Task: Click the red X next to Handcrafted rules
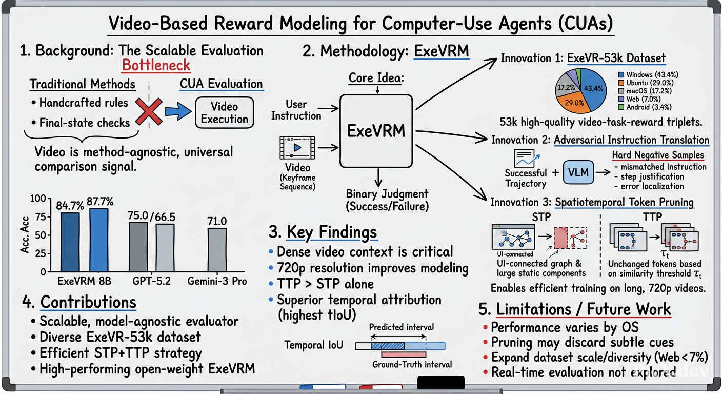tap(149, 111)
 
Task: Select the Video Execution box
tap(224, 112)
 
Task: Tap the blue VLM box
tap(578, 172)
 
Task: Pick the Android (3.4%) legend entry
tap(645, 107)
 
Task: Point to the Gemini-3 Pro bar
tap(217, 250)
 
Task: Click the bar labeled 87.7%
tap(99, 240)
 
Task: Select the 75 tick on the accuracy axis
tap(41, 216)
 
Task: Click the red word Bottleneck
tap(156, 66)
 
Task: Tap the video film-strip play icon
tap(297, 148)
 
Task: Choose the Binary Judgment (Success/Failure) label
tap(387, 200)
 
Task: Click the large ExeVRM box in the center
tap(376, 131)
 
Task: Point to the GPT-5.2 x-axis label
tap(151, 281)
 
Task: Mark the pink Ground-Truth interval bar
tap(404, 354)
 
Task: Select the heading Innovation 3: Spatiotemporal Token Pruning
tap(592, 202)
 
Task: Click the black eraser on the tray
tap(441, 382)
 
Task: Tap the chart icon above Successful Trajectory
tap(526, 158)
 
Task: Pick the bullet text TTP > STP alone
tap(326, 284)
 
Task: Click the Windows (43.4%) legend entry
tap(648, 75)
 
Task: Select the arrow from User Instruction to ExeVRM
tap(328, 109)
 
